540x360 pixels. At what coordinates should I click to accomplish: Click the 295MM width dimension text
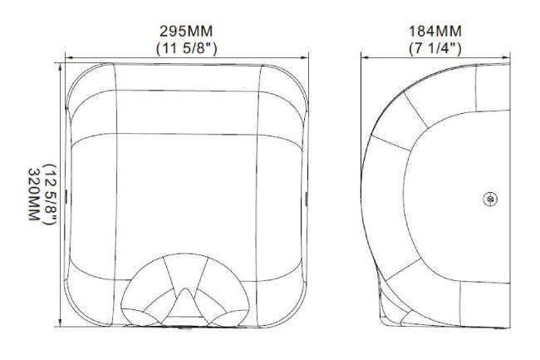186,32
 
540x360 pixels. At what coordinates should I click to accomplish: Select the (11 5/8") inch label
187,48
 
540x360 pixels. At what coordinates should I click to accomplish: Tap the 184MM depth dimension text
435,32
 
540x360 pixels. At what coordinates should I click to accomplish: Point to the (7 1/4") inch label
435,48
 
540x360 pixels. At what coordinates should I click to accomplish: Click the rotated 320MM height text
34,195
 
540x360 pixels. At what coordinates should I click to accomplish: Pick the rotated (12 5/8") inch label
50,195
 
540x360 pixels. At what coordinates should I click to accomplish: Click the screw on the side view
490,199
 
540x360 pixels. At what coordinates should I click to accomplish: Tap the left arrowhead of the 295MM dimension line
69,58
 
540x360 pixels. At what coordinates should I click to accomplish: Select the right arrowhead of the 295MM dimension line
305,58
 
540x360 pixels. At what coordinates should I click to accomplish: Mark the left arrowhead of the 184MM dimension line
365,58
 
